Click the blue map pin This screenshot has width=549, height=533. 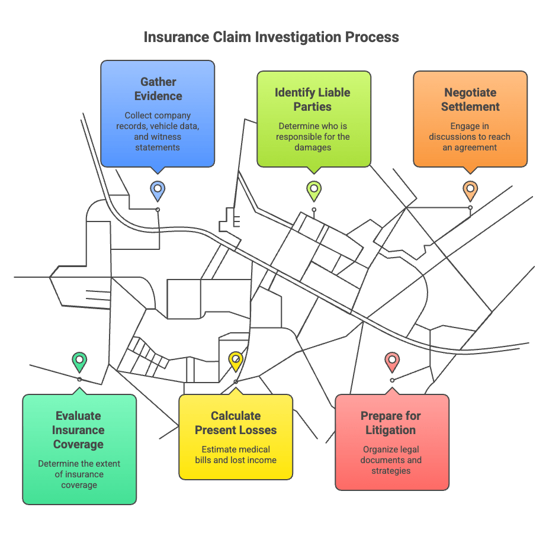[158, 191]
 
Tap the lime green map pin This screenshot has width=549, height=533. [314, 191]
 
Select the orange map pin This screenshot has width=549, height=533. [470, 191]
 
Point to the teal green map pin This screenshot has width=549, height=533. [79, 362]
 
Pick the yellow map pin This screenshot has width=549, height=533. [236, 362]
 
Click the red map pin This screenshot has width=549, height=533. [392, 362]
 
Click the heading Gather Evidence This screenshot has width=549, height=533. [158, 89]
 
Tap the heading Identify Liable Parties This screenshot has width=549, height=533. [312, 99]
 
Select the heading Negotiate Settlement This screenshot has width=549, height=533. [470, 99]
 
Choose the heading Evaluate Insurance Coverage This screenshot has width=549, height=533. [78, 430]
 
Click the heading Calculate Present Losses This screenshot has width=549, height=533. [236, 423]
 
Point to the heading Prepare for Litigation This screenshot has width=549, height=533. [391, 423]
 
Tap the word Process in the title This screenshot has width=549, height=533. [372, 37]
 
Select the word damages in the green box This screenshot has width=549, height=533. [313, 147]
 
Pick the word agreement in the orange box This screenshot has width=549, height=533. [476, 147]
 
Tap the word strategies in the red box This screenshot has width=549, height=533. [391, 471]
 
